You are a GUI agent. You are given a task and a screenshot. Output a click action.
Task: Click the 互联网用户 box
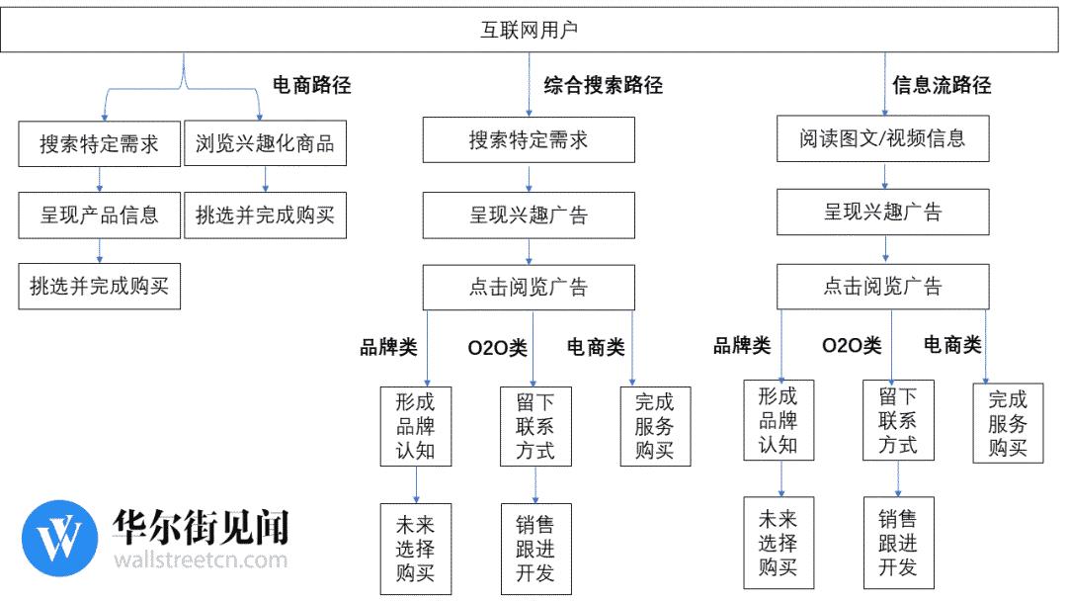point(530,30)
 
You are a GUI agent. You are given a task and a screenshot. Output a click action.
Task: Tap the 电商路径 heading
point(311,85)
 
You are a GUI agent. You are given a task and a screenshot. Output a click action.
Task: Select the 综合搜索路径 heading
point(603,85)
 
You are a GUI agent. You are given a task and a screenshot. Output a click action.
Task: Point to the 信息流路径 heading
point(942,85)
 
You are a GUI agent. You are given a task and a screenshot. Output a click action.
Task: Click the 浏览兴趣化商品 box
point(266,143)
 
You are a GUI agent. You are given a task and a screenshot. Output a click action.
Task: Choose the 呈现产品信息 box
point(100,215)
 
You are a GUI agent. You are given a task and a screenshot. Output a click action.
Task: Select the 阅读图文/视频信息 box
point(882,138)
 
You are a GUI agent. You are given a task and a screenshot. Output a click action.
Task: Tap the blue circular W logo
point(60,539)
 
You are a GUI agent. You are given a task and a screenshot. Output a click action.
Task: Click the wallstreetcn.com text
point(201,560)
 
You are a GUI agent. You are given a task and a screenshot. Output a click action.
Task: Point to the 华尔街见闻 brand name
point(201,527)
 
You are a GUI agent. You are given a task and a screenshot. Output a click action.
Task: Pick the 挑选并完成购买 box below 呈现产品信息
point(100,287)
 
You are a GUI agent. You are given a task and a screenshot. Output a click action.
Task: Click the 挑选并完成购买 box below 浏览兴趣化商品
point(266,215)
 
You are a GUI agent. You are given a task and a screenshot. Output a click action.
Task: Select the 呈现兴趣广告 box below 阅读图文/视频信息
point(882,213)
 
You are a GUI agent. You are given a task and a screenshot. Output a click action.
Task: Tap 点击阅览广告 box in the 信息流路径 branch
point(882,286)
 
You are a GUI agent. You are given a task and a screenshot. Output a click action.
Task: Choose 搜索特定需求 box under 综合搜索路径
point(529,139)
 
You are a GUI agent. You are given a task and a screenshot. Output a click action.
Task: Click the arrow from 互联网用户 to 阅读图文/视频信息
point(884,84)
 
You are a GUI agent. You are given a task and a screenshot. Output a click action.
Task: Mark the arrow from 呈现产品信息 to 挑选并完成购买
point(100,250)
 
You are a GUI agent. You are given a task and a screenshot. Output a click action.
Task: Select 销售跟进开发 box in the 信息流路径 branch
point(898,543)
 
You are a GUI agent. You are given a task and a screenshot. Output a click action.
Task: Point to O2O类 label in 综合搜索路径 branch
point(497,348)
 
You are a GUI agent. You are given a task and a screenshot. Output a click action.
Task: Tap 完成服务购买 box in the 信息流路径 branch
point(1008,423)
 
